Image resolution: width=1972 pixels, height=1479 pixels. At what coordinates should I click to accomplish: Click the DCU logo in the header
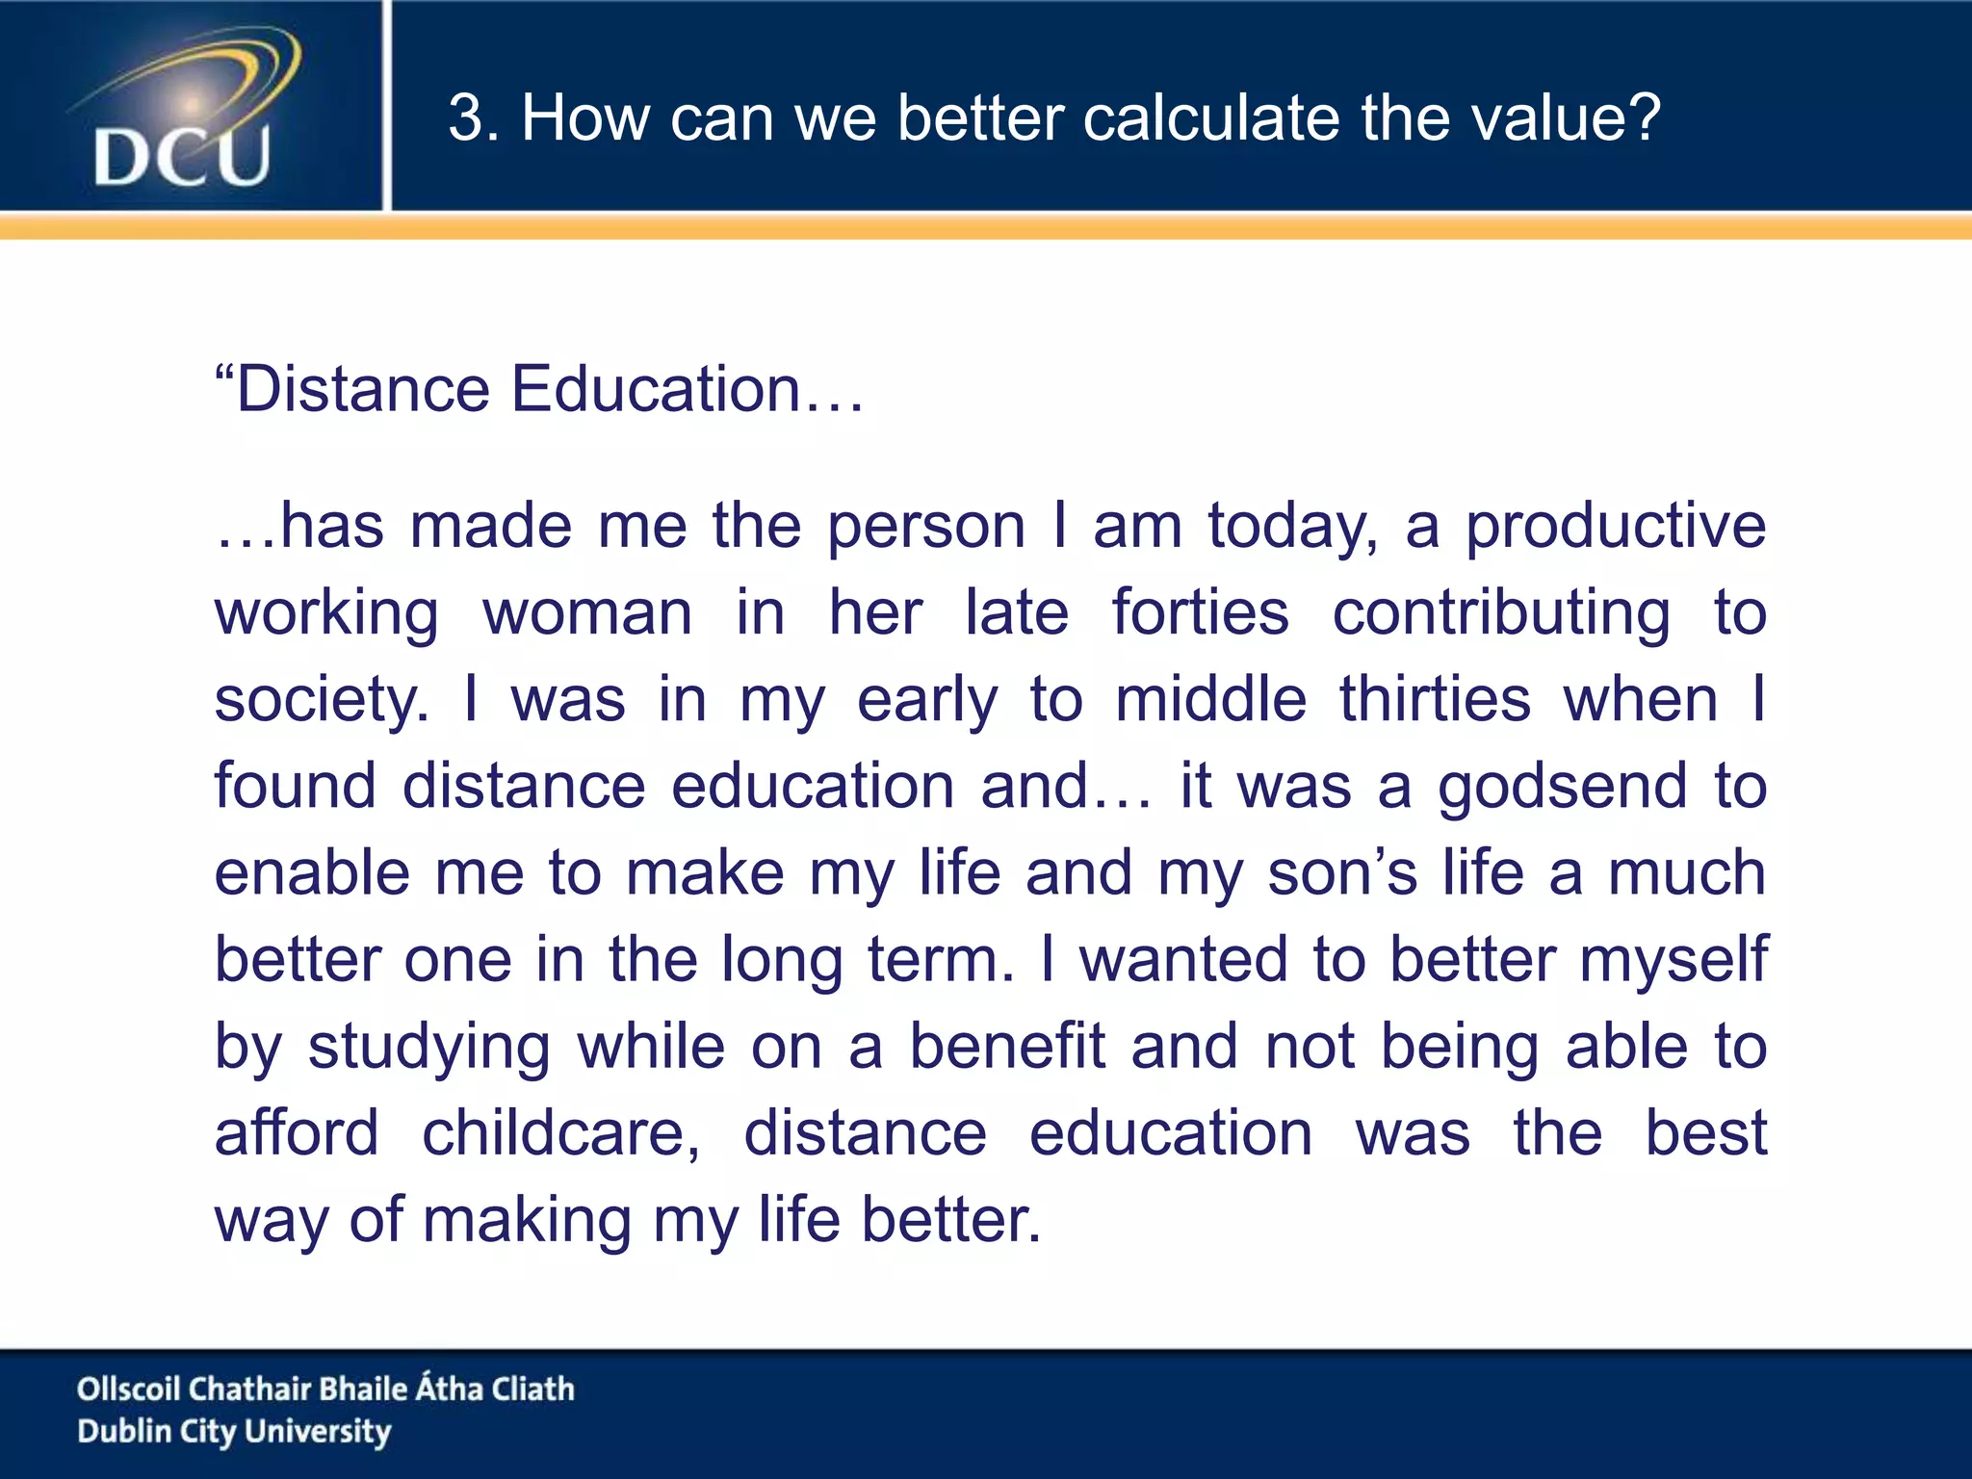point(183,111)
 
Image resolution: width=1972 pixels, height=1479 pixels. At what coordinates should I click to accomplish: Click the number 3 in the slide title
point(467,118)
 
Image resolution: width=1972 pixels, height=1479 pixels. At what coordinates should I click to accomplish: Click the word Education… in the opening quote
point(688,390)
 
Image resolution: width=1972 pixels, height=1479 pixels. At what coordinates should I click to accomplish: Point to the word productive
point(1616,528)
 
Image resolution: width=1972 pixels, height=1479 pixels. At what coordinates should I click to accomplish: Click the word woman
point(587,613)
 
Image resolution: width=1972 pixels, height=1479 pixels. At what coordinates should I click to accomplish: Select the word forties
point(1200,613)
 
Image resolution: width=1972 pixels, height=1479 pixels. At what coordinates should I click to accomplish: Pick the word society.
point(322,701)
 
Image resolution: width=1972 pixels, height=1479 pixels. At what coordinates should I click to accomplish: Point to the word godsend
point(1562,788)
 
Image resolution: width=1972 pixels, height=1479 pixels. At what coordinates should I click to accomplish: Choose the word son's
point(1342,873)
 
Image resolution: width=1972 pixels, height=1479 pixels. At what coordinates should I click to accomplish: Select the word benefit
point(1007,1047)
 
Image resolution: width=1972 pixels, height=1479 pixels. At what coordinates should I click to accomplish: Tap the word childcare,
point(561,1133)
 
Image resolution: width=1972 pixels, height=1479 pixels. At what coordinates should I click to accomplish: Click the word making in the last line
point(526,1221)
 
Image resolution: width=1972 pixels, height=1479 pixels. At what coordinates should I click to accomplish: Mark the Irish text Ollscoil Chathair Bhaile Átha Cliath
point(325,1388)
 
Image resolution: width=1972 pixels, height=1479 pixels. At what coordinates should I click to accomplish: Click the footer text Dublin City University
point(234,1432)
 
